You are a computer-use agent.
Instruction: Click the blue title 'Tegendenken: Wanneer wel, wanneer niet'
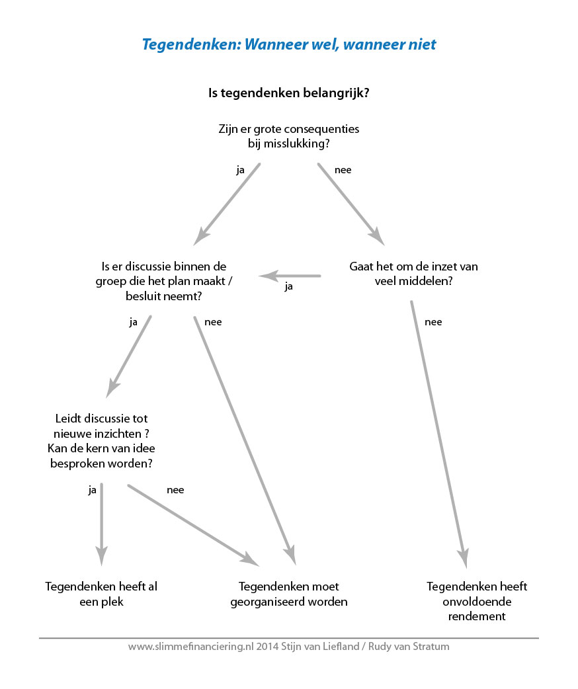289,44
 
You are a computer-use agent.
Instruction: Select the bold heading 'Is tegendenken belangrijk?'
289,93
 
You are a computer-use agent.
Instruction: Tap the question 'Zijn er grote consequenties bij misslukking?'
289,136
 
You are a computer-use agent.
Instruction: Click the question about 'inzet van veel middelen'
413,273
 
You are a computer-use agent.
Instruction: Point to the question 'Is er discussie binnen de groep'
163,281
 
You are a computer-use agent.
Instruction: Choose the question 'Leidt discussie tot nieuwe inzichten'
102,441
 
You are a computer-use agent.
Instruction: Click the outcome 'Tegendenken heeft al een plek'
101,594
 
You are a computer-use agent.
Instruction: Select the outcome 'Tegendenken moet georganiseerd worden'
289,594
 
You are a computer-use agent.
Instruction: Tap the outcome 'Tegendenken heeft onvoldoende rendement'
477,601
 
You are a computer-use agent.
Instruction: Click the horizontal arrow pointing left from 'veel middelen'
290,276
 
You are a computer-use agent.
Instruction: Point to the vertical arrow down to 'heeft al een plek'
102,524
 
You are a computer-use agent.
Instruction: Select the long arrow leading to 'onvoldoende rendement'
439,434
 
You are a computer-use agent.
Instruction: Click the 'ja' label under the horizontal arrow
288,286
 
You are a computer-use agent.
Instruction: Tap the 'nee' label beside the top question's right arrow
343,170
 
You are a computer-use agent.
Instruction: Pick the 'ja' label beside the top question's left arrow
240,170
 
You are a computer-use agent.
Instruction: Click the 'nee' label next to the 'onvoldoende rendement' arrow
433,322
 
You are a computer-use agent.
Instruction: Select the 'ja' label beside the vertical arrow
92,490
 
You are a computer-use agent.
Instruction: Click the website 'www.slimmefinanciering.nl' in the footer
191,647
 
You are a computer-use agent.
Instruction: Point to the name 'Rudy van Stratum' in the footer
409,647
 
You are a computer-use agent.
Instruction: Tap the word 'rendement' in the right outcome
477,616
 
